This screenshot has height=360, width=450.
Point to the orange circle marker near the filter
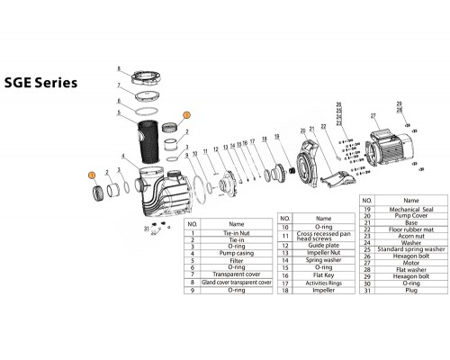coord(186,115)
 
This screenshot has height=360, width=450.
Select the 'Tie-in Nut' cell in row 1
coord(236,232)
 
